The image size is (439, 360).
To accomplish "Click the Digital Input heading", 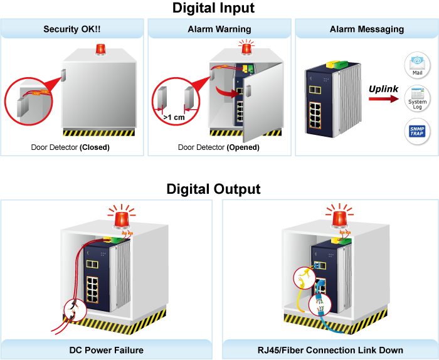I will coord(214,8).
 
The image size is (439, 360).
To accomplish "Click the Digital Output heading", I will coord(214,189).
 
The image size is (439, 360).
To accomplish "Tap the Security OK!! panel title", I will coord(72,29).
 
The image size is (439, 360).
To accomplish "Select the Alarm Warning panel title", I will coord(219,29).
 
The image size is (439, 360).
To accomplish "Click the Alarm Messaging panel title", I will coord(367,29).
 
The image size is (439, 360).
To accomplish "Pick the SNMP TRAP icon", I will coord(416,133).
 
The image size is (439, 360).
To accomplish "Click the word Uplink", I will coord(383,89).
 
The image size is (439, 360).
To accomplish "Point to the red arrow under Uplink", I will coord(383,100).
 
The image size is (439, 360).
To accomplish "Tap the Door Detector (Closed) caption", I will coord(70,147).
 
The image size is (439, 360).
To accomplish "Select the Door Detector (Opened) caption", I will coord(218,147).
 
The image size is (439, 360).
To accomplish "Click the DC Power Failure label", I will coord(106,350).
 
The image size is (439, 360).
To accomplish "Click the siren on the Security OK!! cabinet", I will coord(100,49).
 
